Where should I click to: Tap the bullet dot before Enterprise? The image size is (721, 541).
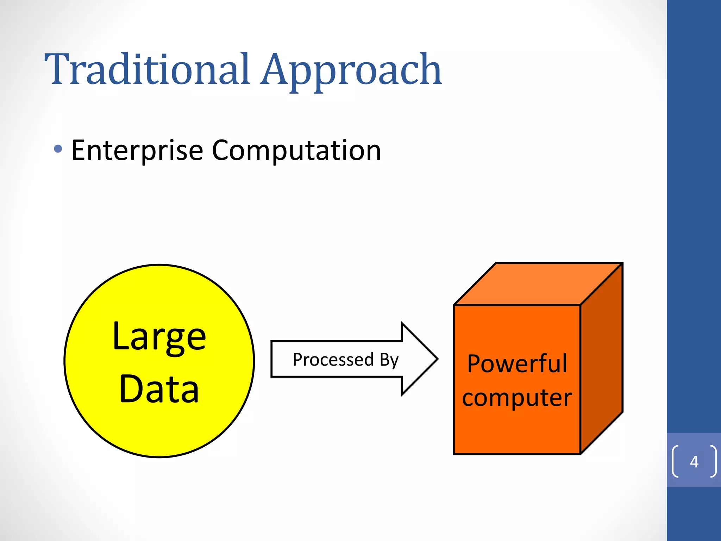click(x=58, y=149)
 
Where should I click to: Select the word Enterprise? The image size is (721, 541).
click(x=137, y=151)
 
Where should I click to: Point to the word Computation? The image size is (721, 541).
click(x=296, y=151)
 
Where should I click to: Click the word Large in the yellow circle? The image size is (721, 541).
click(x=159, y=337)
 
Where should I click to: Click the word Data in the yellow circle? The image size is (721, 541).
click(x=159, y=389)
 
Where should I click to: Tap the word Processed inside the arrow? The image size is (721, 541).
click(x=333, y=360)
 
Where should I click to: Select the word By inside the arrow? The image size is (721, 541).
click(x=389, y=360)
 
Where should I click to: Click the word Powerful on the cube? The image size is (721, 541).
click(x=517, y=363)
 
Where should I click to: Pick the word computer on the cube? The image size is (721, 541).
click(x=517, y=398)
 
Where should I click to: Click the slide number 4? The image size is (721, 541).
click(x=694, y=461)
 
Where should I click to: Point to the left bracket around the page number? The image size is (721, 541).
click(x=675, y=461)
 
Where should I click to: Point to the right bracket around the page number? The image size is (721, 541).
click(x=713, y=461)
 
